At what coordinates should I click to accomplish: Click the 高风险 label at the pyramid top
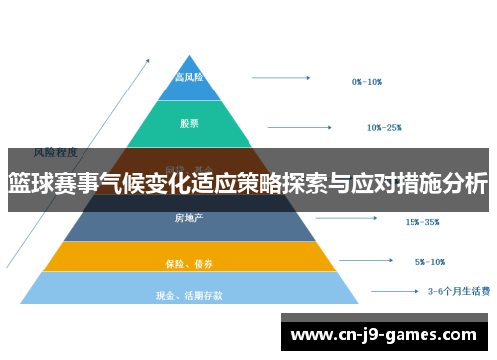[x=189, y=77]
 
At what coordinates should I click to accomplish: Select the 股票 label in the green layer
[x=189, y=124]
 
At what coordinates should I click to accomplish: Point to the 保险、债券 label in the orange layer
[x=189, y=264]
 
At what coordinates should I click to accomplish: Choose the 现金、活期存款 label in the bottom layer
[x=189, y=295]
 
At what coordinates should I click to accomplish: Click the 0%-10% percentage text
[x=367, y=82]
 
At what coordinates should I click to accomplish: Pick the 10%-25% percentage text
[x=384, y=127]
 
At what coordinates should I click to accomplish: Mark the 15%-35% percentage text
[x=421, y=222]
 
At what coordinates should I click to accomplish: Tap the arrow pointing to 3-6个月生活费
[x=392, y=292]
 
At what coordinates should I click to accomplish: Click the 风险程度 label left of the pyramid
[x=56, y=152]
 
